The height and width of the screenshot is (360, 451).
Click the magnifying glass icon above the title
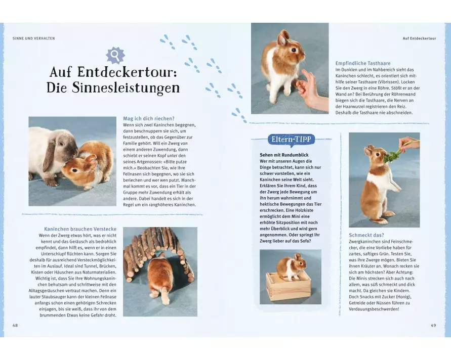click(115, 55)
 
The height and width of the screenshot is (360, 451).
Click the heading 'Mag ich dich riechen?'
click(149, 118)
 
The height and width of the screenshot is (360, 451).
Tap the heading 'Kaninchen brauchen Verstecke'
click(80, 229)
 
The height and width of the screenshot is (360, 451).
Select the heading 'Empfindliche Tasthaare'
click(363, 63)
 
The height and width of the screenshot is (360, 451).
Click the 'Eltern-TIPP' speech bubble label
click(291, 140)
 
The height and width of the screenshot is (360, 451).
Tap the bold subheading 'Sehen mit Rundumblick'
click(284, 155)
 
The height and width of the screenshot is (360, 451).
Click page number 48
click(15, 325)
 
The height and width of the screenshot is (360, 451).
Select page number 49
click(433, 325)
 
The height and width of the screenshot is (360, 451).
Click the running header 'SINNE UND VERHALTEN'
click(33, 38)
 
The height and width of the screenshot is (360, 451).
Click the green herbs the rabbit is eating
click(391, 154)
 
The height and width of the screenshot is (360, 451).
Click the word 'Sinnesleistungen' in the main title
click(113, 87)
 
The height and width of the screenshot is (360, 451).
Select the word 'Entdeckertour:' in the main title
click(127, 72)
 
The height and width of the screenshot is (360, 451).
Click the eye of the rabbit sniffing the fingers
click(294, 50)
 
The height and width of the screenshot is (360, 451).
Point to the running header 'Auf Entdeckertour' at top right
click(419, 38)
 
